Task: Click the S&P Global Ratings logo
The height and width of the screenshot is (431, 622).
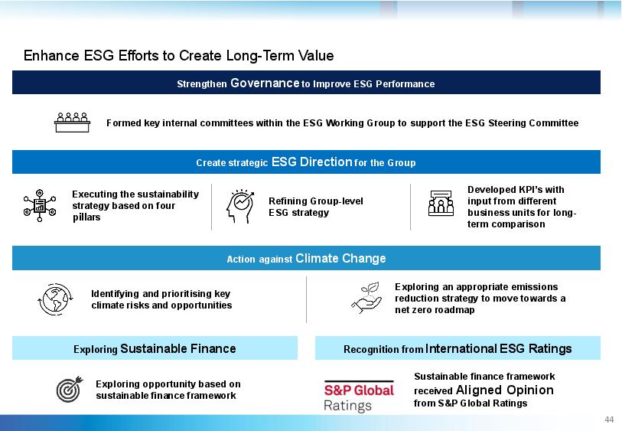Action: tap(359, 397)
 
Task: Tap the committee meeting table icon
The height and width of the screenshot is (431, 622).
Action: tap(72, 122)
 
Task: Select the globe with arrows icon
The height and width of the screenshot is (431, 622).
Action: tap(55, 299)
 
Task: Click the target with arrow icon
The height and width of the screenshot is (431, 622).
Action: tap(70, 389)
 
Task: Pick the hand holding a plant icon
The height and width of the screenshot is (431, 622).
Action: tap(366, 298)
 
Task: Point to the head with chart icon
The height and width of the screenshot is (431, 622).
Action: tap(240, 206)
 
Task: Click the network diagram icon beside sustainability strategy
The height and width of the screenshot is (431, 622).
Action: tap(40, 206)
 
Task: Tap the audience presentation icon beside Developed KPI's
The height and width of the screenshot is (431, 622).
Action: tap(441, 203)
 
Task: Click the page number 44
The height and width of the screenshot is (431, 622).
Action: tap(609, 420)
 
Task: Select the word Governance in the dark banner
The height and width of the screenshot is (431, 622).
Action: tap(265, 83)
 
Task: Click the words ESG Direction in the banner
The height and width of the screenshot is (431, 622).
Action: tap(312, 162)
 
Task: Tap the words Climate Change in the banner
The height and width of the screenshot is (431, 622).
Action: tap(340, 258)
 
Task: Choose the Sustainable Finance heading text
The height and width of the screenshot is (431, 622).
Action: tap(178, 348)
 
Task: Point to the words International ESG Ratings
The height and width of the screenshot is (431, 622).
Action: tap(498, 348)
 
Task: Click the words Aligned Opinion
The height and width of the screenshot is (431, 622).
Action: tap(505, 390)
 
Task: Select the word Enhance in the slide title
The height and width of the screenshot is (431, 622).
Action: tap(51, 56)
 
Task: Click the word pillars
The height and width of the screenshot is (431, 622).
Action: tap(86, 217)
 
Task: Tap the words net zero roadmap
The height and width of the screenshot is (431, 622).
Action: tap(435, 310)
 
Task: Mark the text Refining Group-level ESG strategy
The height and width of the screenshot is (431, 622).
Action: tap(316, 207)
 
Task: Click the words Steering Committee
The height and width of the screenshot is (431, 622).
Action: tap(533, 123)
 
